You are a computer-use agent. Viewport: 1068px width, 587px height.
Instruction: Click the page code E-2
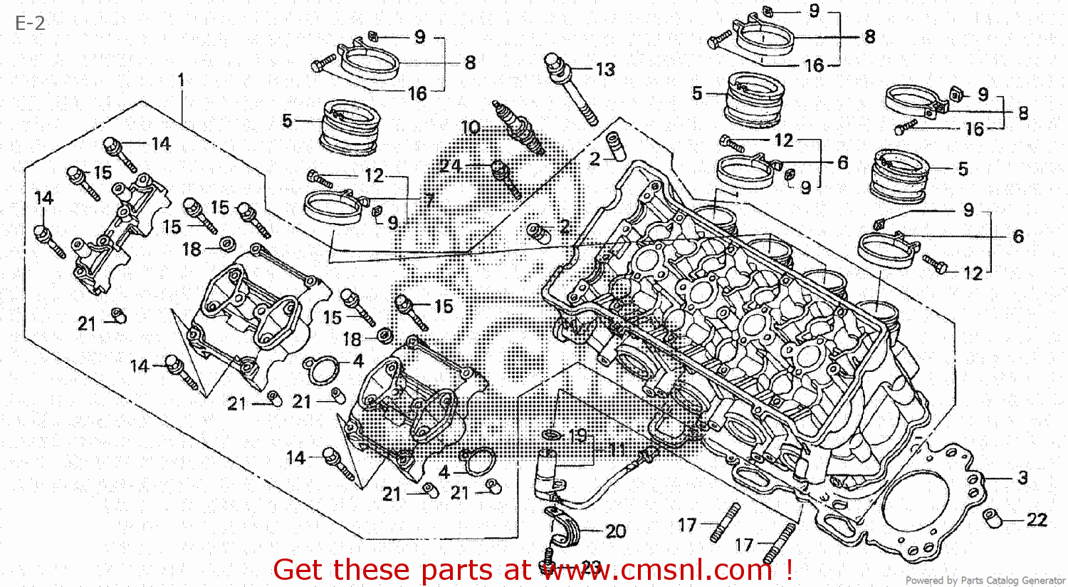(x=30, y=23)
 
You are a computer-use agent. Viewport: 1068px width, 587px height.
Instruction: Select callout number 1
(x=181, y=79)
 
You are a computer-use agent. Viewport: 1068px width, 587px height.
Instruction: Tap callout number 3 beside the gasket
(x=1022, y=477)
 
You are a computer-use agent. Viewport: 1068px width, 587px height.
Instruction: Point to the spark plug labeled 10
(x=518, y=128)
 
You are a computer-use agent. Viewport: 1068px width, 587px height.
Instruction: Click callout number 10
(x=471, y=128)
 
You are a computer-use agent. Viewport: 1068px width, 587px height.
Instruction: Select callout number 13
(x=605, y=70)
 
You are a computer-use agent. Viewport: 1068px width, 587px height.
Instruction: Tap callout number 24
(x=451, y=166)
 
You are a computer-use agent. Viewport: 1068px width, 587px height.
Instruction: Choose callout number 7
(x=429, y=199)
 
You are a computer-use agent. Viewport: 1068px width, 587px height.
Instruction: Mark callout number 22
(x=1037, y=520)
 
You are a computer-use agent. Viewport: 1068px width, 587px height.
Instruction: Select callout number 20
(x=616, y=531)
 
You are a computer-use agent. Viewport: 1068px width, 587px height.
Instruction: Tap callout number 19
(x=577, y=435)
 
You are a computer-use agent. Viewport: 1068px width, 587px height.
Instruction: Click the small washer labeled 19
(x=552, y=435)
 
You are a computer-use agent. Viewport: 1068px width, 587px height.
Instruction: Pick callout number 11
(x=617, y=450)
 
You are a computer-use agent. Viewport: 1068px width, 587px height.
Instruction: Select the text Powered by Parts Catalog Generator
(x=985, y=581)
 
